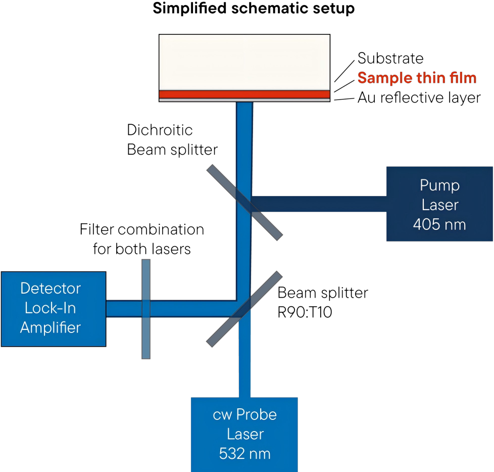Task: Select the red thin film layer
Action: [x=244, y=94]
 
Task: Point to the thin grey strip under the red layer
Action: [x=244, y=100]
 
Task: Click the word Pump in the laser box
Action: [x=439, y=185]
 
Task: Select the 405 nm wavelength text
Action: [x=439, y=224]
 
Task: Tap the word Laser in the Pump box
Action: [x=439, y=205]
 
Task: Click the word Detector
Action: [x=51, y=289]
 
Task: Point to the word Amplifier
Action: [x=51, y=327]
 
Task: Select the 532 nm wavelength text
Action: [x=244, y=453]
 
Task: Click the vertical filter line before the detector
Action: [x=146, y=334]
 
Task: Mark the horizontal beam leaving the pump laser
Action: [x=323, y=204]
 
